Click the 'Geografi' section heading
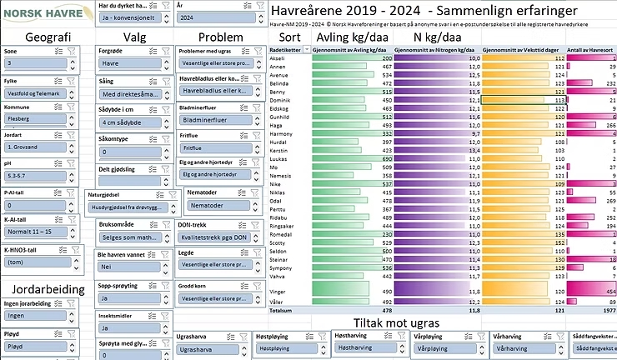click(42, 37)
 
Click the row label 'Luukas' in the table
click(280, 157)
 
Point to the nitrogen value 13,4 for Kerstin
click(474, 149)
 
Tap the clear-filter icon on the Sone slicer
click(73, 51)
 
